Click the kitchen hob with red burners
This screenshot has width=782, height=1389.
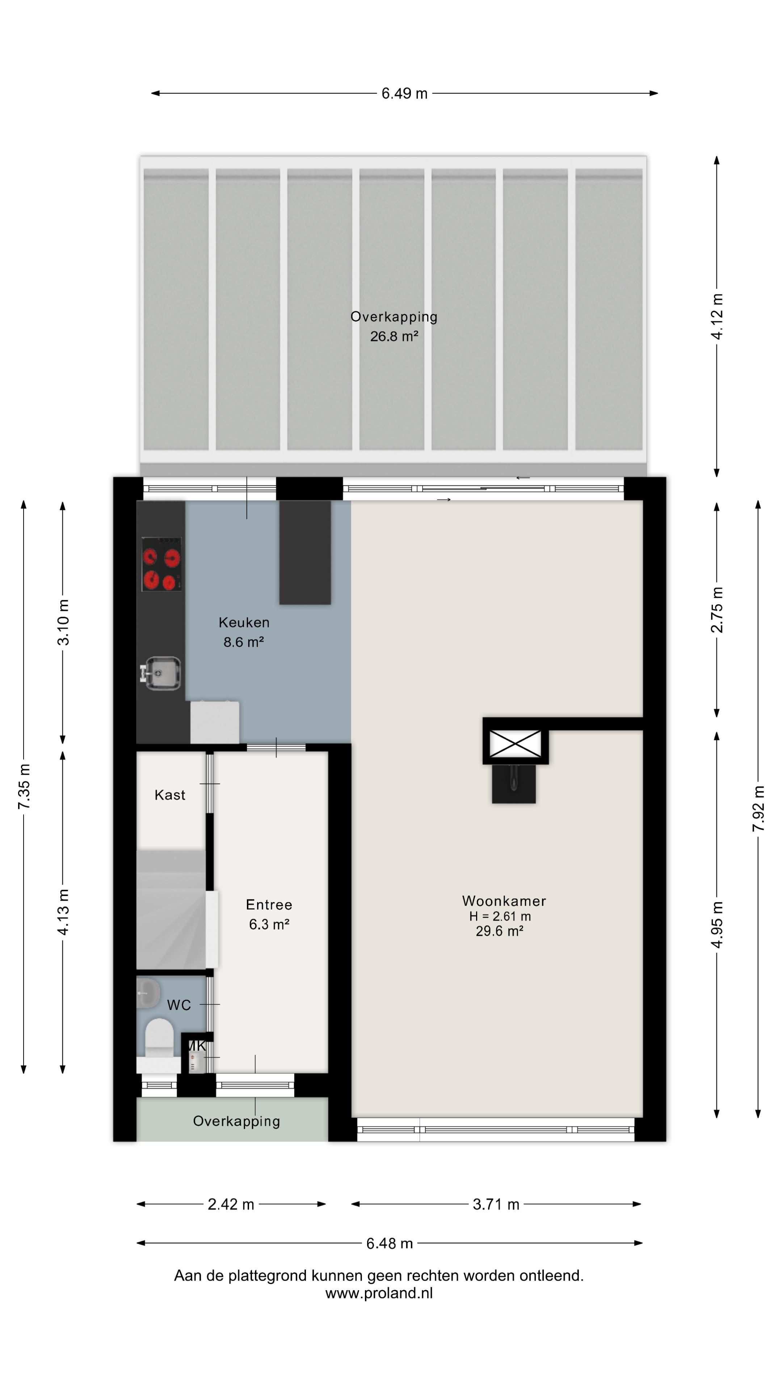point(161,564)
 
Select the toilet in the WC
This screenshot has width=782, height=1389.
point(159,1038)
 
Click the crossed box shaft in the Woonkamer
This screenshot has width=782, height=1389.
point(515,744)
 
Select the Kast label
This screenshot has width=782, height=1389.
point(169,795)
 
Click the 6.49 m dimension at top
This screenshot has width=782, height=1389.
point(404,93)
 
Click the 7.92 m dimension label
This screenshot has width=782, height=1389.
point(758,808)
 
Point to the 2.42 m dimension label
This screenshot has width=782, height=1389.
point(231,1205)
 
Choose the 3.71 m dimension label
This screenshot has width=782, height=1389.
point(495,1205)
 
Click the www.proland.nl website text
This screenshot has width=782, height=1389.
point(379,1294)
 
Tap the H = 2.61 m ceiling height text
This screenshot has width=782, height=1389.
point(500,916)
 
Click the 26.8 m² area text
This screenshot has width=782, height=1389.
point(394,336)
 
